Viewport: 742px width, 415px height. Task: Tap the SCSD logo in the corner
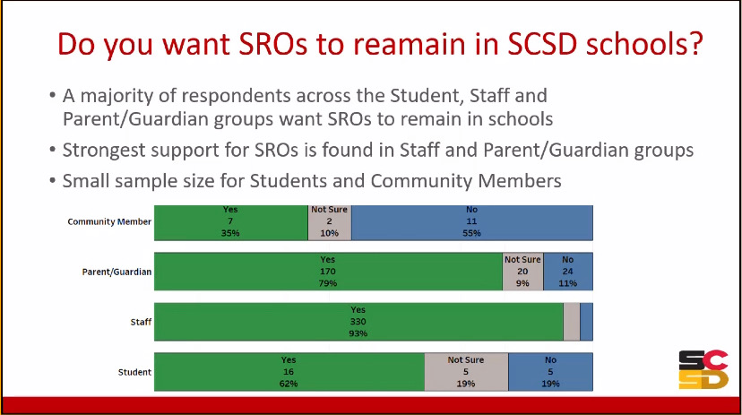703,369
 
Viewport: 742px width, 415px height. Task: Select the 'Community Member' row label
109,222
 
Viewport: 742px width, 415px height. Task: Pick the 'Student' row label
134,371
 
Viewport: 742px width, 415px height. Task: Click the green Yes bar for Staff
358,321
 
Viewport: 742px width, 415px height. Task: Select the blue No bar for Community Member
471,222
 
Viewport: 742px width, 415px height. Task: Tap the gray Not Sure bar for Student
466,371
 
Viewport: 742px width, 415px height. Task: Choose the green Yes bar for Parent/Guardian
328,271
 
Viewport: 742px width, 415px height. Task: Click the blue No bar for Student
550,371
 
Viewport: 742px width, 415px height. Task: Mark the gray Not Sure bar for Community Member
329,222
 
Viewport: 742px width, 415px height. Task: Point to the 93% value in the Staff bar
358,333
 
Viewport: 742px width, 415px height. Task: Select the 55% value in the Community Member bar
471,233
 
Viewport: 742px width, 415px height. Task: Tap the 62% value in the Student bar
288,383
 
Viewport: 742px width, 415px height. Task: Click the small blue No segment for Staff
586,321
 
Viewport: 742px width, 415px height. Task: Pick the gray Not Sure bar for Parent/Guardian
522,271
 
